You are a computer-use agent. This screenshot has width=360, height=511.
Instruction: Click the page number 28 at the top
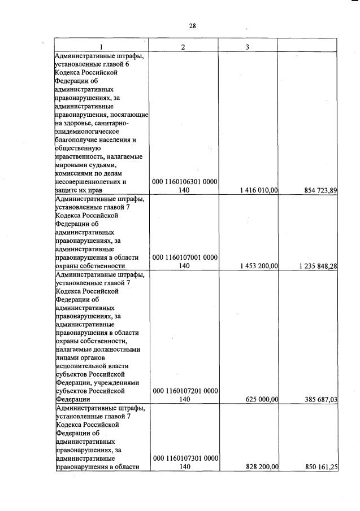pyautogui.click(x=192, y=25)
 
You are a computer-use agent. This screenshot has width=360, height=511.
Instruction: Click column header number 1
pyautogui.click(x=101, y=46)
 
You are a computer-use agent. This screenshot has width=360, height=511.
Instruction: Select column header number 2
pyautogui.click(x=183, y=46)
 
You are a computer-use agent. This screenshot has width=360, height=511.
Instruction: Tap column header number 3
pyautogui.click(x=248, y=46)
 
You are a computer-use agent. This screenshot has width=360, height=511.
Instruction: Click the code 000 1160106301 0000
pyautogui.click(x=185, y=182)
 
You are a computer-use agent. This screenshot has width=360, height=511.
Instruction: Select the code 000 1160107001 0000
pyautogui.click(x=185, y=257)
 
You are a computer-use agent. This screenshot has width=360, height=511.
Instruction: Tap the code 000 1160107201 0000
pyautogui.click(x=185, y=390)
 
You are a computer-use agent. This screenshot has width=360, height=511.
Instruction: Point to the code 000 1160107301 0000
pyautogui.click(x=185, y=458)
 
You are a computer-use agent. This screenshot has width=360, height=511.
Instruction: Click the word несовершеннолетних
pyautogui.click(x=88, y=182)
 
